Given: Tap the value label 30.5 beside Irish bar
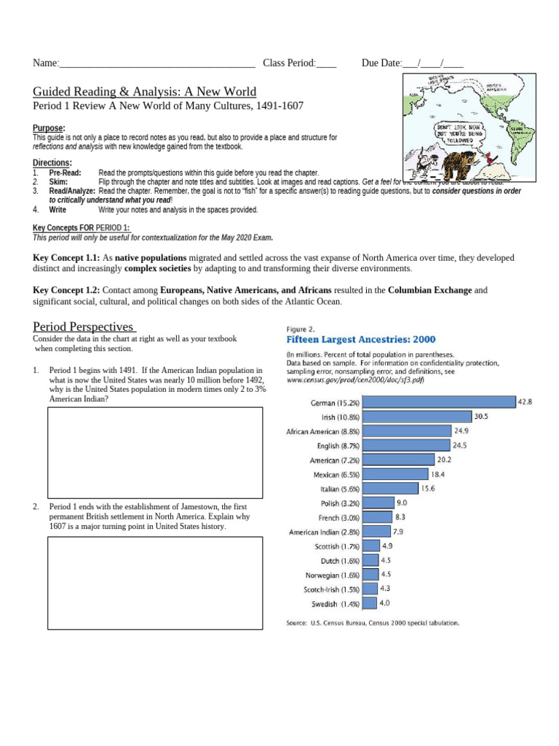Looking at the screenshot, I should click(481, 417).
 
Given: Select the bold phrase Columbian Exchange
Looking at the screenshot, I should click(429, 290).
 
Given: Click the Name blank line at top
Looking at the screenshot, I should click(156, 64).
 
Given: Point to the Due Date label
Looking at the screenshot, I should click(381, 63).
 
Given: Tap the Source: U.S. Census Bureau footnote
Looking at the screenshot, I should click(373, 623).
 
